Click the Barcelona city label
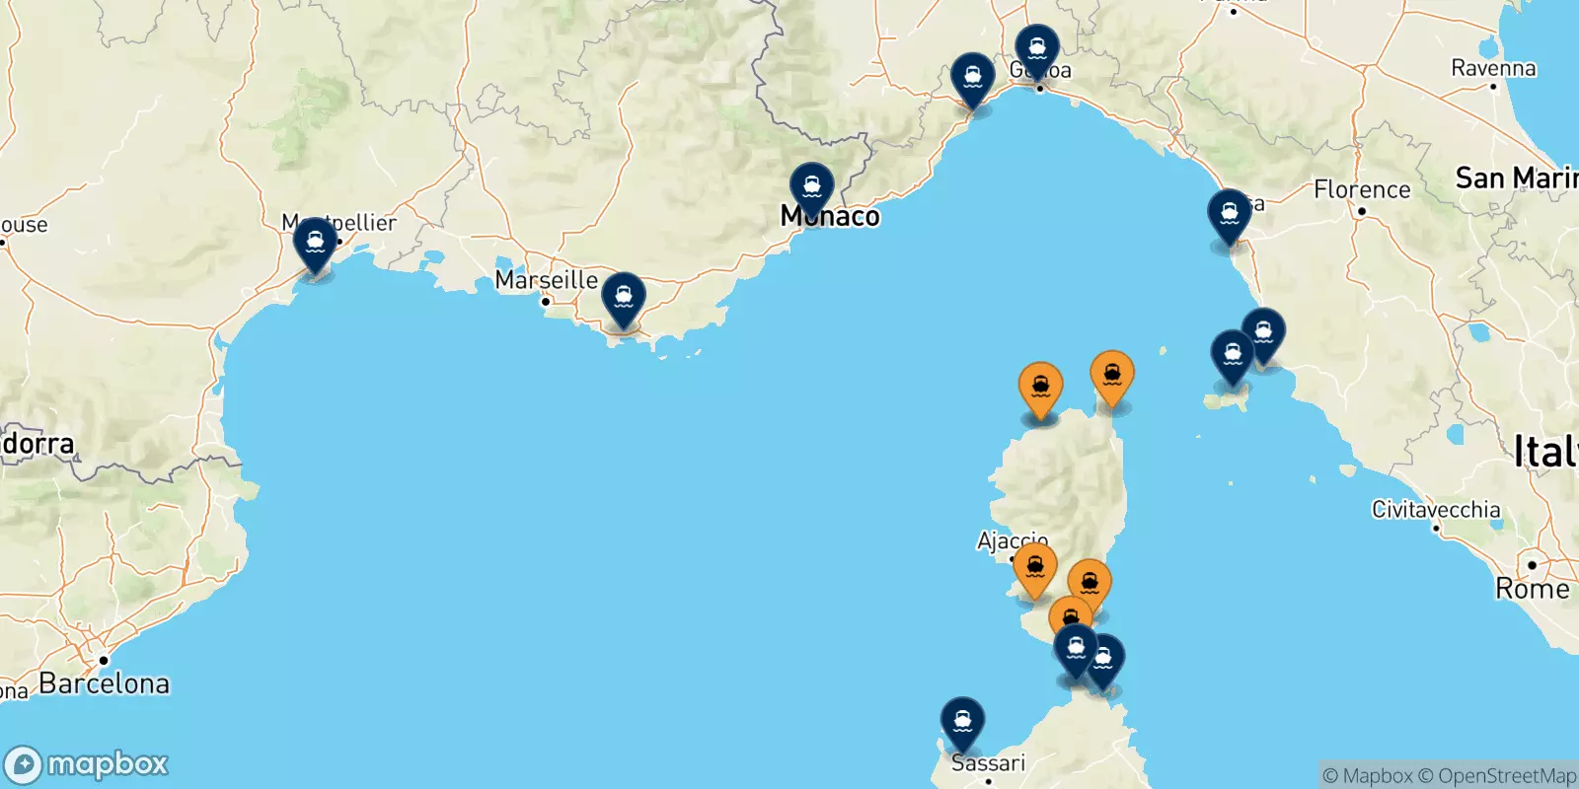point(104,682)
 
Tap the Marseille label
point(547,280)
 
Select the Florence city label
point(1362,189)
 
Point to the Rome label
point(1532,589)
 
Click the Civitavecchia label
point(1436,510)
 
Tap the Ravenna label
point(1493,68)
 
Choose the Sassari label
point(988,762)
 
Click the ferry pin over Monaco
point(811,186)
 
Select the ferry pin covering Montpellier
point(315,242)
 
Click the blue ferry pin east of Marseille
point(624,296)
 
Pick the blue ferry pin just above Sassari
point(962,721)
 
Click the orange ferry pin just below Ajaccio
point(1035,568)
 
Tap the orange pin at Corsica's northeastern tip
point(1112,376)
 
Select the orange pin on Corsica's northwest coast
point(1040,388)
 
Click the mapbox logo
point(87,764)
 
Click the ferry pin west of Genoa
point(972,77)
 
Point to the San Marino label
point(1516,179)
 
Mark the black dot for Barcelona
point(103,661)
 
